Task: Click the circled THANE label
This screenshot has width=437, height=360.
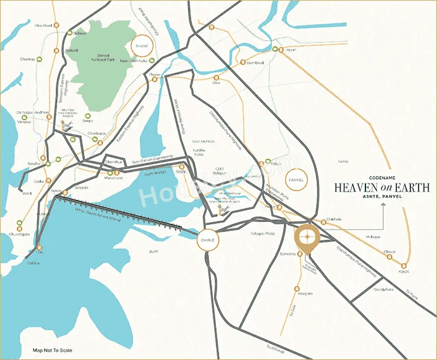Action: click(142, 47)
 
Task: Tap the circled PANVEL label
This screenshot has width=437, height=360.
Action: click(296, 180)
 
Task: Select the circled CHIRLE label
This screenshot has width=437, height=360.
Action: click(208, 240)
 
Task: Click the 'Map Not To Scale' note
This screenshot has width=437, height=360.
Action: click(53, 350)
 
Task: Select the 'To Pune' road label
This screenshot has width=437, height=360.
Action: click(412, 295)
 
